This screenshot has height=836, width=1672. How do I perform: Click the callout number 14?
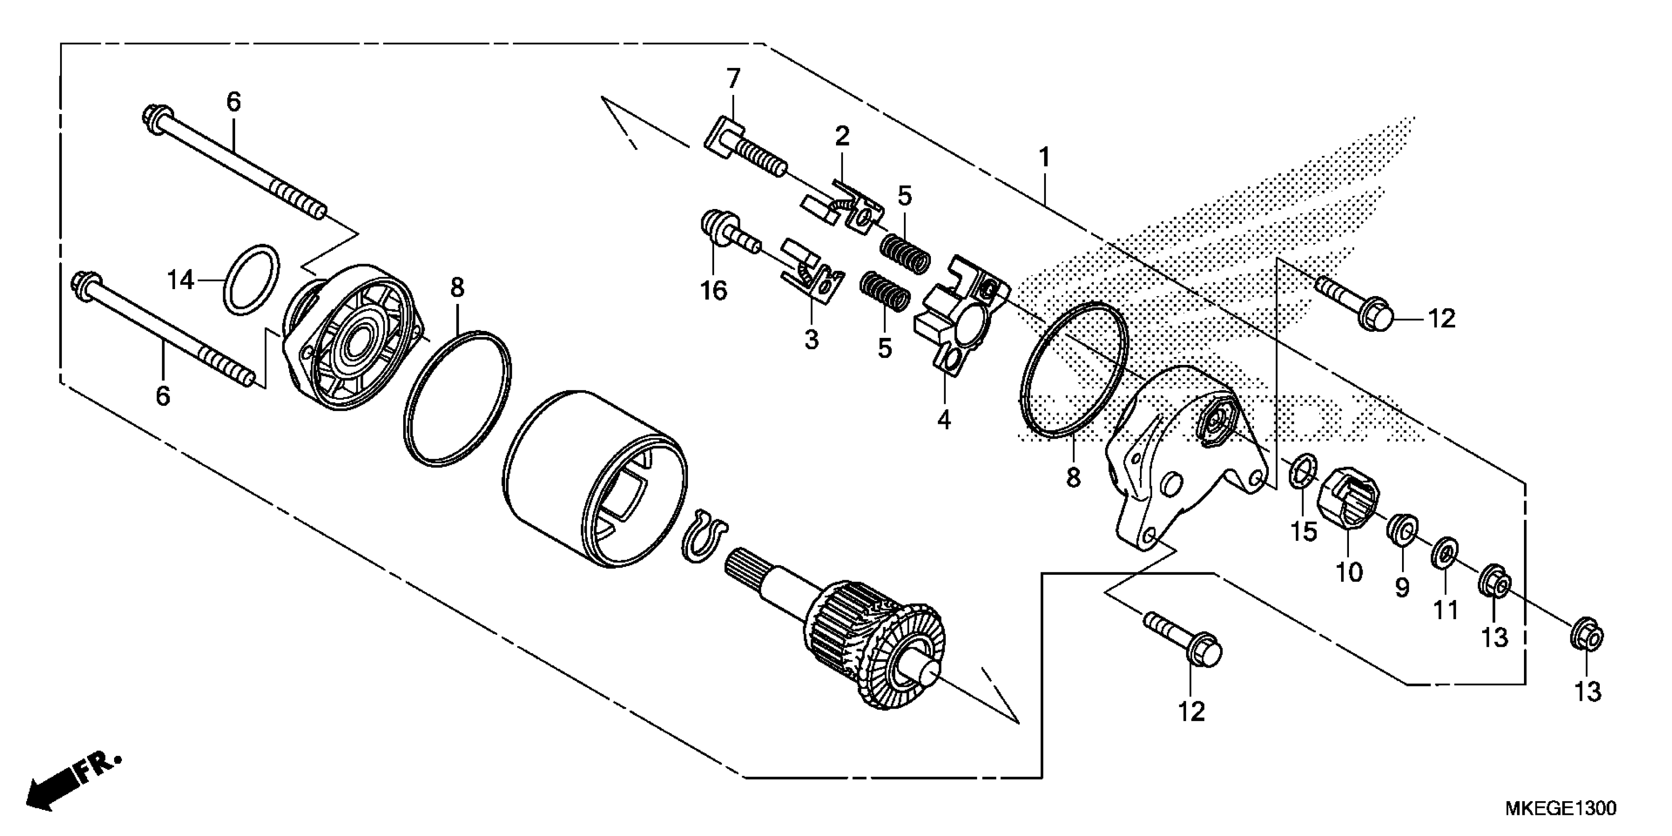coord(180,280)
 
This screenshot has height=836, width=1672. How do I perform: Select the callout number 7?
coord(733,79)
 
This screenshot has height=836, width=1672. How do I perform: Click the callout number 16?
coord(714,291)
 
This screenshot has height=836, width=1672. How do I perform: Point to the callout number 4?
coord(944,420)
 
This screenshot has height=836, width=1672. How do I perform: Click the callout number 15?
coord(1303,532)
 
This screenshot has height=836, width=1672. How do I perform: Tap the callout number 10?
coord(1349,572)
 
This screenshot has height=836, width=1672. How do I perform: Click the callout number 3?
coord(811,339)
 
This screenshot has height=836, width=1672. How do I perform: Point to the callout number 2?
coord(842,136)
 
